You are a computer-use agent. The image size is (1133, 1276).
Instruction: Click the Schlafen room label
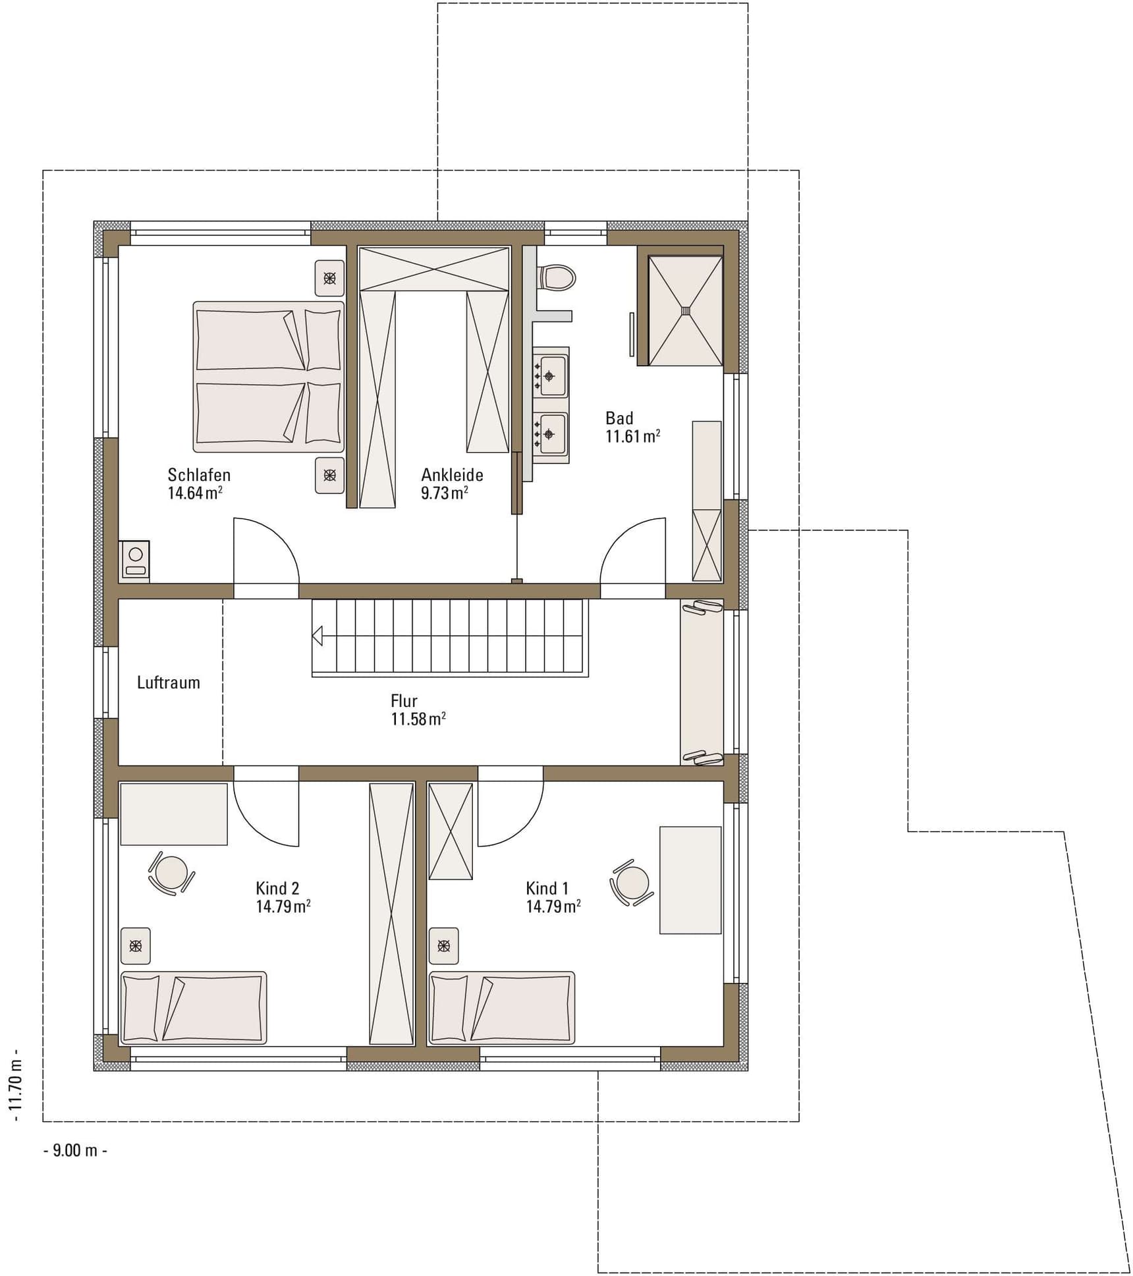[199, 475]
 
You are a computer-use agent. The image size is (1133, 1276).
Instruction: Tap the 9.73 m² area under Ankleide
[445, 493]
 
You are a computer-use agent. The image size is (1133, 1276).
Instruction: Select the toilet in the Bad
[557, 277]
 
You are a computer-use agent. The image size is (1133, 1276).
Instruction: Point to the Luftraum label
[169, 682]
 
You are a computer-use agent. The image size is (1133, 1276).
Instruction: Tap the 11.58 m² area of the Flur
[418, 719]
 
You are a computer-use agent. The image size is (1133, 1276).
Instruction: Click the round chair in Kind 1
[632, 883]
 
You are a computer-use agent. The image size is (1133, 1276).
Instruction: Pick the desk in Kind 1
[690, 880]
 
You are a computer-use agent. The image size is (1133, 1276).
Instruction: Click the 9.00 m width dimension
[75, 1169]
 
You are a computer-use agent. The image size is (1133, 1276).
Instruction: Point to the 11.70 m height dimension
[16, 1090]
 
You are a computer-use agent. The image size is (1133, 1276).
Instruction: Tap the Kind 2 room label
[277, 888]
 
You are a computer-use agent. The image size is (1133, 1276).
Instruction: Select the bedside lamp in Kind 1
[444, 946]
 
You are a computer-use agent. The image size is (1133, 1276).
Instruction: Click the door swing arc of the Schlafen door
[280, 537]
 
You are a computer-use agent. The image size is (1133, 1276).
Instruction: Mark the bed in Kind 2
[193, 1007]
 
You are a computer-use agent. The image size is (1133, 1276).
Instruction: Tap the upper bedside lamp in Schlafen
[329, 278]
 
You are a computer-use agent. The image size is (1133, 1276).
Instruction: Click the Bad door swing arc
[619, 537]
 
